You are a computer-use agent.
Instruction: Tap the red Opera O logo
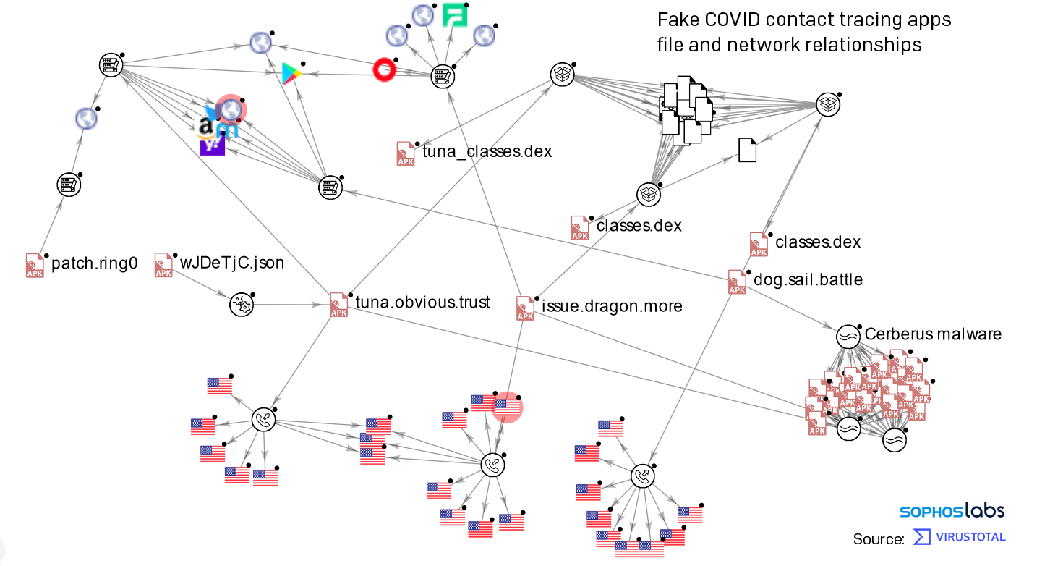point(385,69)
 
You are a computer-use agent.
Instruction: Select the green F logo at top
point(455,15)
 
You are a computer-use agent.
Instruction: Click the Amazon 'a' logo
point(206,129)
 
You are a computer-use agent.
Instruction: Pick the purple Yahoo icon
point(212,146)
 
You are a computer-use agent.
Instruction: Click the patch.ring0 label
point(94,263)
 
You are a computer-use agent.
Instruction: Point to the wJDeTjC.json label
point(232,263)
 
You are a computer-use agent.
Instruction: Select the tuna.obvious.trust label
point(422,303)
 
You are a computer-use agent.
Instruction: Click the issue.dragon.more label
point(612,306)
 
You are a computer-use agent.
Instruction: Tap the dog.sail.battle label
point(808,279)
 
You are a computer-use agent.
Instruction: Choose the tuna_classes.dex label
point(487,151)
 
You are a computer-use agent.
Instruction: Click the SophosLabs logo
point(952,511)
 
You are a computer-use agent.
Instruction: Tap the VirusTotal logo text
point(970,537)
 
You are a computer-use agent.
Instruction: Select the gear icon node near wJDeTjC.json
point(241,305)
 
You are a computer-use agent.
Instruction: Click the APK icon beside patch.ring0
point(35,265)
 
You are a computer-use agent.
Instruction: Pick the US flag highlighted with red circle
point(507,407)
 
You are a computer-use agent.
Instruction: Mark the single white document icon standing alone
point(747,150)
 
